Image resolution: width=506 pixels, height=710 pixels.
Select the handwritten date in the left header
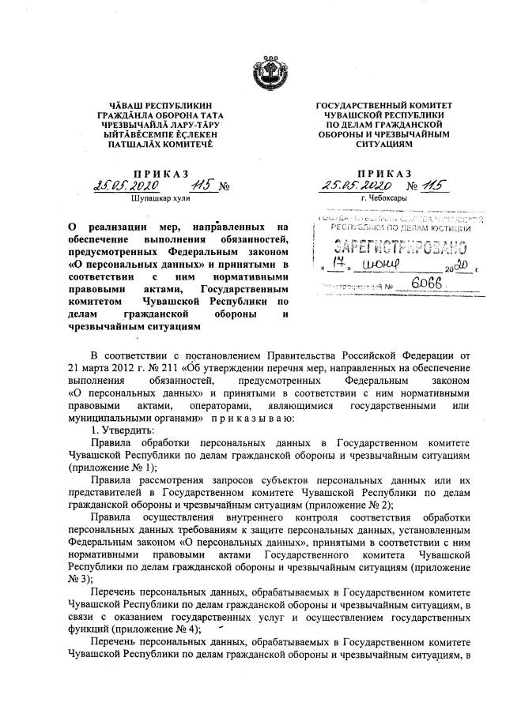(x=126, y=186)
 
